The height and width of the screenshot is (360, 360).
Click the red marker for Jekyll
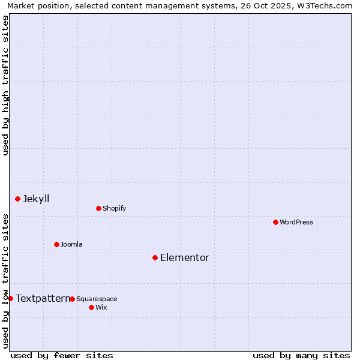[17, 199]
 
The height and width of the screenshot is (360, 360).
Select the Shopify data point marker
[98, 208]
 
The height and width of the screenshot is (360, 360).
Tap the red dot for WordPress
[275, 222]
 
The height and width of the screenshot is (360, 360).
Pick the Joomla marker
[56, 244]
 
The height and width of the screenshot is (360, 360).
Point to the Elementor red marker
[155, 257]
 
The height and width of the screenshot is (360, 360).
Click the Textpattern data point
[10, 298]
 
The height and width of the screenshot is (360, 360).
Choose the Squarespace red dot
[72, 299]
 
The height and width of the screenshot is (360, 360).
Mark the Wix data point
[91, 307]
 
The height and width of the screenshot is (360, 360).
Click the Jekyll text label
[36, 199]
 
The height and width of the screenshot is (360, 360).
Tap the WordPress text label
[296, 222]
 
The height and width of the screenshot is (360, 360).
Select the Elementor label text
[185, 257]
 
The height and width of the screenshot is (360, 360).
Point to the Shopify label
[115, 208]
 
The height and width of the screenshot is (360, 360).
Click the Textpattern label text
[43, 298]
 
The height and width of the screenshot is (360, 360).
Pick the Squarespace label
[97, 299]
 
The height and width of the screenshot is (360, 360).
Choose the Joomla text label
[71, 244]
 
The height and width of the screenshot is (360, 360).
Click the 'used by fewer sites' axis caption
[62, 355]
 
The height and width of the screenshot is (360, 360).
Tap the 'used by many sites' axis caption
[301, 355]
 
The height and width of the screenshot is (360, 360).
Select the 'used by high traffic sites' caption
[5, 85]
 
